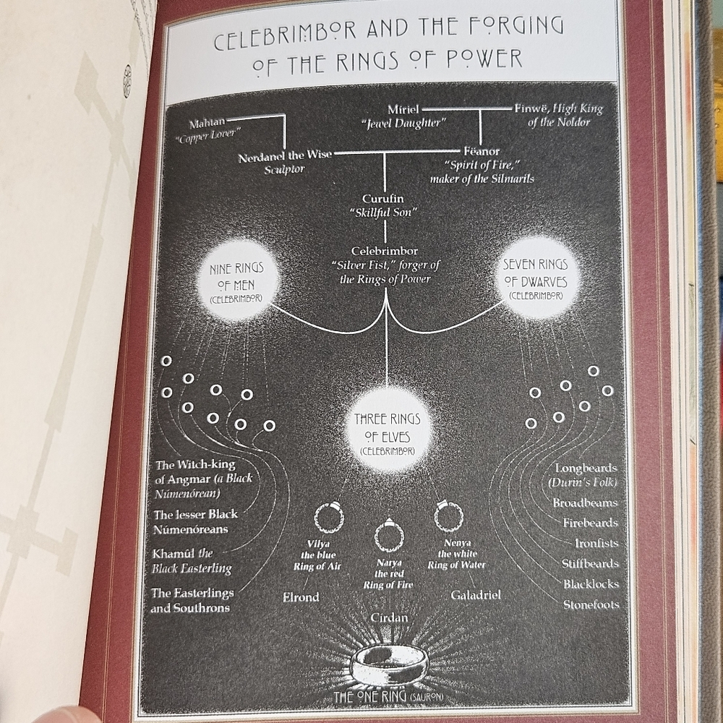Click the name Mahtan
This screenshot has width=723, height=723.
point(207,124)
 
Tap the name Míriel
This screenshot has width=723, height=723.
point(403,109)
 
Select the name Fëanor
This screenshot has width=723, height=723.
point(482,151)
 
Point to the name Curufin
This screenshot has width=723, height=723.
point(382,199)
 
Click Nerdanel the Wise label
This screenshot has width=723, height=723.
point(285,156)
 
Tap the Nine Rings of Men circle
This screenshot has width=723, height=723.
point(236,280)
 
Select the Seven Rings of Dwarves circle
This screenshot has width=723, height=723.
point(536,278)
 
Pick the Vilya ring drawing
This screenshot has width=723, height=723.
point(329,517)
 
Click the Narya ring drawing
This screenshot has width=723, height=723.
point(389,536)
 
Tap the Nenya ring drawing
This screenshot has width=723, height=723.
point(449,515)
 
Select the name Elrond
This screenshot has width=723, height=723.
point(301,597)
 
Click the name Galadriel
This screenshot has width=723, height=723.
point(476,595)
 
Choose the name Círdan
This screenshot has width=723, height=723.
point(389,617)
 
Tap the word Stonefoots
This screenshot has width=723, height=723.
point(591,604)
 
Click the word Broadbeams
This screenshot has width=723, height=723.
point(585,502)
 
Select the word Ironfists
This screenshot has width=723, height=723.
point(596,543)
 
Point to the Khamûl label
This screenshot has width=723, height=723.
point(192,561)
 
